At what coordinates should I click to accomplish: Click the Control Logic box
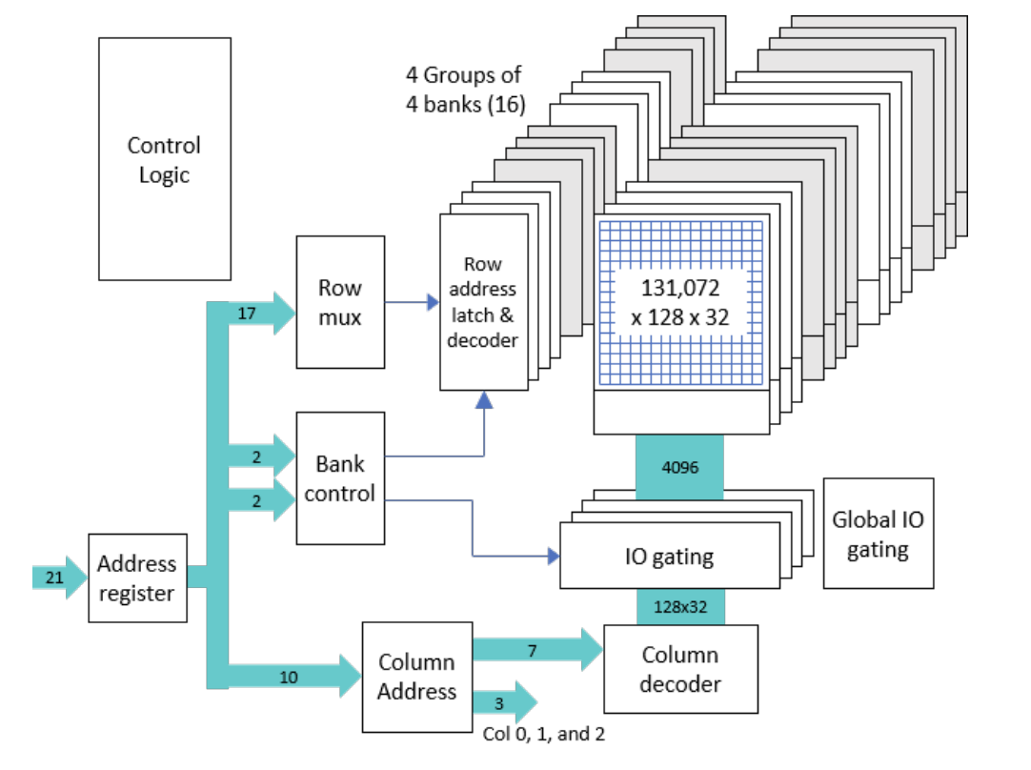[164, 159]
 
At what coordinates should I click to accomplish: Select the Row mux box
[340, 302]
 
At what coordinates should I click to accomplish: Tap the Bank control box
[340, 478]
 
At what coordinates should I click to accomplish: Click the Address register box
[137, 577]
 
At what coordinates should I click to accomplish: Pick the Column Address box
[416, 677]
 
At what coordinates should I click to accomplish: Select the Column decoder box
[680, 669]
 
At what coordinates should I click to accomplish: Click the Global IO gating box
[878, 534]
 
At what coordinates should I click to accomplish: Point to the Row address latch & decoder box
[483, 302]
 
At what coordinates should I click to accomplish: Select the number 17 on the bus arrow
[246, 312]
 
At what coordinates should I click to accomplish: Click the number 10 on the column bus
[289, 677]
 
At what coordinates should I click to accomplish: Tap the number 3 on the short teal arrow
[498, 702]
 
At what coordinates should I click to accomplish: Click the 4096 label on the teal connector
[679, 467]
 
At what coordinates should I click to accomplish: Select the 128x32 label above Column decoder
[679, 606]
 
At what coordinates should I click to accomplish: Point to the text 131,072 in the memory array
[679, 288]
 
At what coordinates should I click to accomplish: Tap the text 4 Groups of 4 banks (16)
[465, 89]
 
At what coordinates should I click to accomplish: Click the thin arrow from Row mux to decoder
[411, 302]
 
